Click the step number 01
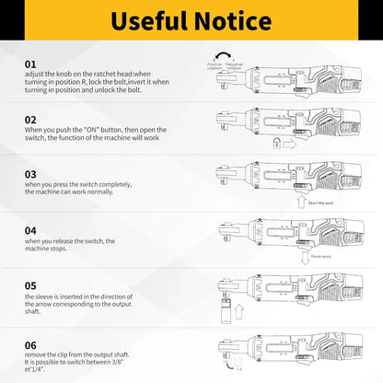coord(31,64)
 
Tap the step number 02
coord(31,120)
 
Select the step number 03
coord(31,174)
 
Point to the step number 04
coord(31,229)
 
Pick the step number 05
coord(31,285)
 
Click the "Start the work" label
coord(323,202)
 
